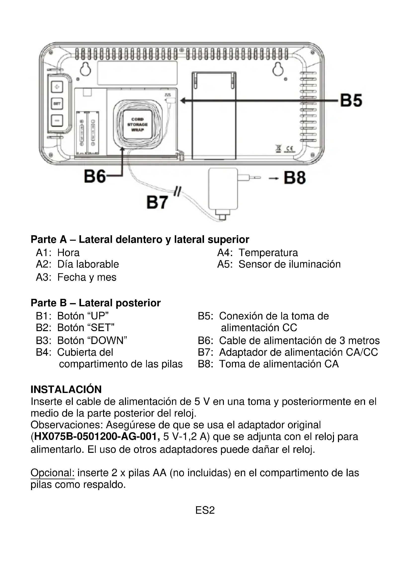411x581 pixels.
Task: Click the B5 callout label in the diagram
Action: [351, 100]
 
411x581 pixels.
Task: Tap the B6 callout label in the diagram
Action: [95, 176]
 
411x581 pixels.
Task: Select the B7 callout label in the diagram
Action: [157, 202]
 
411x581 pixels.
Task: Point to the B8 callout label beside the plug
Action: [295, 178]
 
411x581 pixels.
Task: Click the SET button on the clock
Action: [57, 104]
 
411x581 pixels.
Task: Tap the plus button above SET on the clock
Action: [57, 87]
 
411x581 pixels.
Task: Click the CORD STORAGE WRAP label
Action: [137, 124]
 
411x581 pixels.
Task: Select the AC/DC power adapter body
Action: [223, 189]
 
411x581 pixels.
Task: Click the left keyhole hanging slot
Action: [86, 69]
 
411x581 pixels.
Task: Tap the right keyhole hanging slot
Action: [278, 69]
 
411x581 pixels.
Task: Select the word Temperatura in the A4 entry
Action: [268, 253]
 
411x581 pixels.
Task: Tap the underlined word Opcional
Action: [52, 473]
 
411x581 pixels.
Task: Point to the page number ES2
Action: [205, 510]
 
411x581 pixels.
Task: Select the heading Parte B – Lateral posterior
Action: [96, 303]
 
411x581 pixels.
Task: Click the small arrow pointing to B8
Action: [273, 179]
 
